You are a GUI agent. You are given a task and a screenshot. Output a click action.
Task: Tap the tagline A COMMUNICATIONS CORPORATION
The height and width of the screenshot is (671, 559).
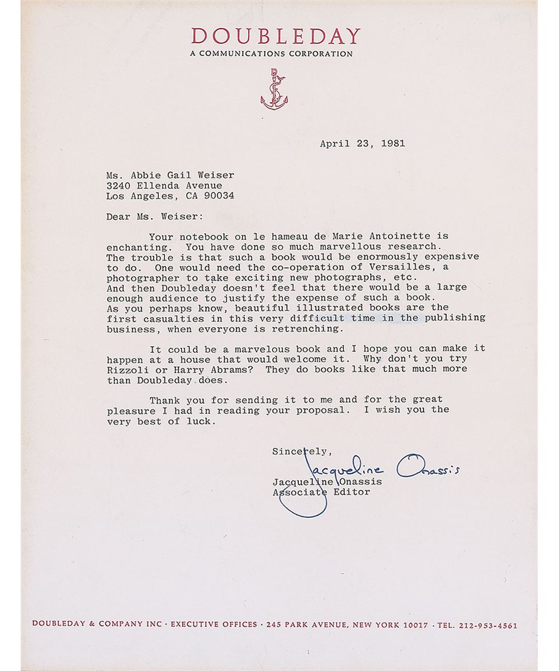271,54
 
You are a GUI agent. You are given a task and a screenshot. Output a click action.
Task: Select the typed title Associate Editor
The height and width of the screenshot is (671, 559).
321,492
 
